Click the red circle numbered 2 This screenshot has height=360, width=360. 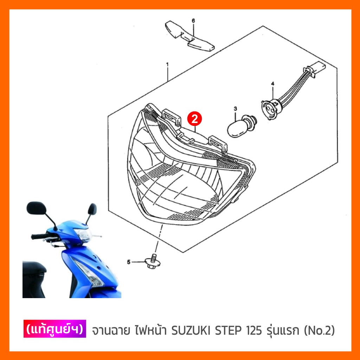click(x=194, y=119)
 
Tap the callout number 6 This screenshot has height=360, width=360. click(x=193, y=21)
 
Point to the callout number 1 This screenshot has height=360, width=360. click(x=167, y=65)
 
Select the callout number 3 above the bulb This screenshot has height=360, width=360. click(x=235, y=109)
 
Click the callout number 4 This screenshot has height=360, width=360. click(x=272, y=84)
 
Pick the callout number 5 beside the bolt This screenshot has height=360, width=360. click(x=129, y=262)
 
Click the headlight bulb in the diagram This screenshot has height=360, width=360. click(x=241, y=126)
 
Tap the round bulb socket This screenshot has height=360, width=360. click(x=270, y=109)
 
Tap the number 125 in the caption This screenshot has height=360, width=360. click(x=254, y=330)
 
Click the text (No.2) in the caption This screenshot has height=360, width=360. click(x=319, y=330)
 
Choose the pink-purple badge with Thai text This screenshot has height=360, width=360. click(x=54, y=329)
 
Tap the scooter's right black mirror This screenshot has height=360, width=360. click(x=92, y=209)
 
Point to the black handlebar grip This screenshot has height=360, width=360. click(x=39, y=236)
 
